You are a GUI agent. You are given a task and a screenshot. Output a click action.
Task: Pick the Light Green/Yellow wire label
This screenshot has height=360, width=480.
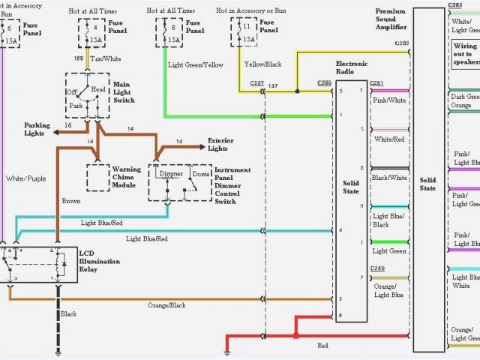(196, 65)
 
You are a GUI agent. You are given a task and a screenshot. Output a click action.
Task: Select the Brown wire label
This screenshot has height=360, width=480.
(70, 202)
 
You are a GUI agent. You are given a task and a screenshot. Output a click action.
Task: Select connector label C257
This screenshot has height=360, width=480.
(257, 82)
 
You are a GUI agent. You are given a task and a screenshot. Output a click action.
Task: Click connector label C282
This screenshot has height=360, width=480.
(402, 43)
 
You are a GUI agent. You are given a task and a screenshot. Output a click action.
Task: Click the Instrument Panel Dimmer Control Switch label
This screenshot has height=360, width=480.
(232, 185)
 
